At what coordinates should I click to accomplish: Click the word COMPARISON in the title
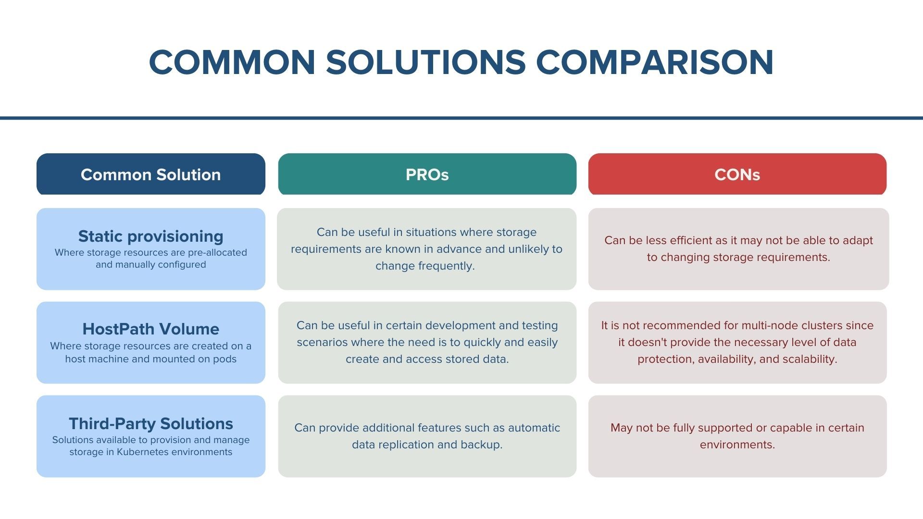coord(654,62)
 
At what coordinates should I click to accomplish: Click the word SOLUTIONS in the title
coord(426,62)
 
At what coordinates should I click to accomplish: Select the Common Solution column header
coord(150,174)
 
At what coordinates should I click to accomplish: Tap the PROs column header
coord(427,174)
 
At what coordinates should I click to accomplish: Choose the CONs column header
coord(737,174)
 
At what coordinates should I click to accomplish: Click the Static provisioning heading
coord(150,236)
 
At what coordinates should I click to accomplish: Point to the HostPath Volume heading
coord(150,329)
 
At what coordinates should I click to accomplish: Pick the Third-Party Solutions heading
coord(150,423)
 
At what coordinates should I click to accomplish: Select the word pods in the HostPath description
coord(225,359)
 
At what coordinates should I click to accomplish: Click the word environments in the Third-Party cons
coord(737,445)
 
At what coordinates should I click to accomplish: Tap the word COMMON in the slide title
coord(232,62)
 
